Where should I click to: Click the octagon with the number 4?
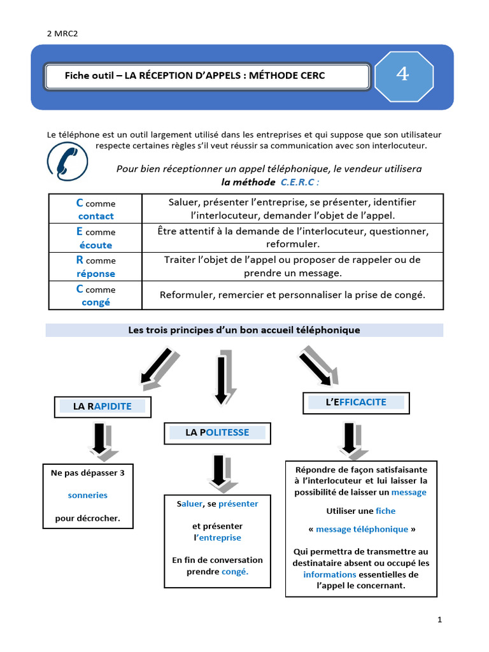402,76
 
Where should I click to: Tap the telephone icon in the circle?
67,162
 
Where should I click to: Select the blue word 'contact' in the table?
96,216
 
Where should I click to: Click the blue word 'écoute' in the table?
96,245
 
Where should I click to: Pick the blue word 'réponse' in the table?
96,274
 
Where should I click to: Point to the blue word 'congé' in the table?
96,302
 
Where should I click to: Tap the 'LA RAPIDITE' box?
103,406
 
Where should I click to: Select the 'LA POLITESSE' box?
217,432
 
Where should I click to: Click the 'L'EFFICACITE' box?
356,402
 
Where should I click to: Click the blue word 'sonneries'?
88,495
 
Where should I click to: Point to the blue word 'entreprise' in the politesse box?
220,537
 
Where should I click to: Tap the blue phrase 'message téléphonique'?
362,529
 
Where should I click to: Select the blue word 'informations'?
330,574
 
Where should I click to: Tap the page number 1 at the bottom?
439,620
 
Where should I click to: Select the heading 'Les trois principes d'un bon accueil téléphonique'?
244,330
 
